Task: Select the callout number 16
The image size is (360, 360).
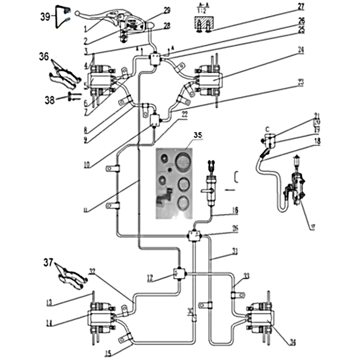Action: pos(235,210)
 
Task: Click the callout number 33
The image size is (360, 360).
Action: pos(246,275)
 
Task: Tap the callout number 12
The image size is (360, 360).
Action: pos(150,279)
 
